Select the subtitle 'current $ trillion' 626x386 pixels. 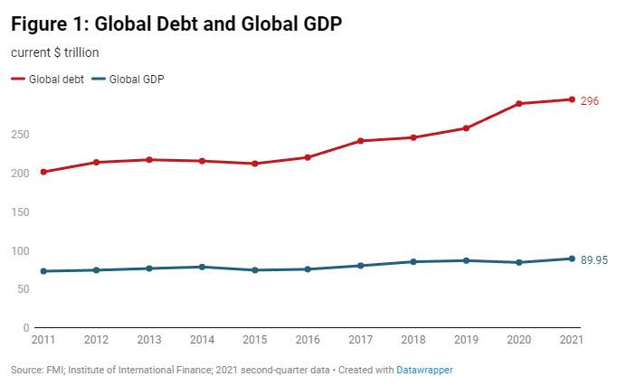(x=55, y=53)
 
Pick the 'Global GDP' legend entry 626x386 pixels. (x=136, y=79)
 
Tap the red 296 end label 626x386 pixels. (x=590, y=100)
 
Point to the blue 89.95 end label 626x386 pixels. (x=593, y=260)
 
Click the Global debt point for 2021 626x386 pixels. (x=572, y=99)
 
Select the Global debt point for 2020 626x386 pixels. (x=519, y=104)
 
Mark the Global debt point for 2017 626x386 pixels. (x=361, y=141)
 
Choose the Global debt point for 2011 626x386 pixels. (x=43, y=172)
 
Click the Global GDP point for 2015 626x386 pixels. (x=255, y=270)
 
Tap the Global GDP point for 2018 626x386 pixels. (x=413, y=262)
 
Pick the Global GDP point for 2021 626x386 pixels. (x=572, y=259)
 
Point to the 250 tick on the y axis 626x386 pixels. (x=21, y=135)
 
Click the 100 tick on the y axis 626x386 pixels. (x=21, y=250)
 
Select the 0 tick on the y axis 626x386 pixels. (x=26, y=327)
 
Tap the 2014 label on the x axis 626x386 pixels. (x=202, y=339)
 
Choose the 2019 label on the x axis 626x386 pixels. (x=466, y=339)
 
